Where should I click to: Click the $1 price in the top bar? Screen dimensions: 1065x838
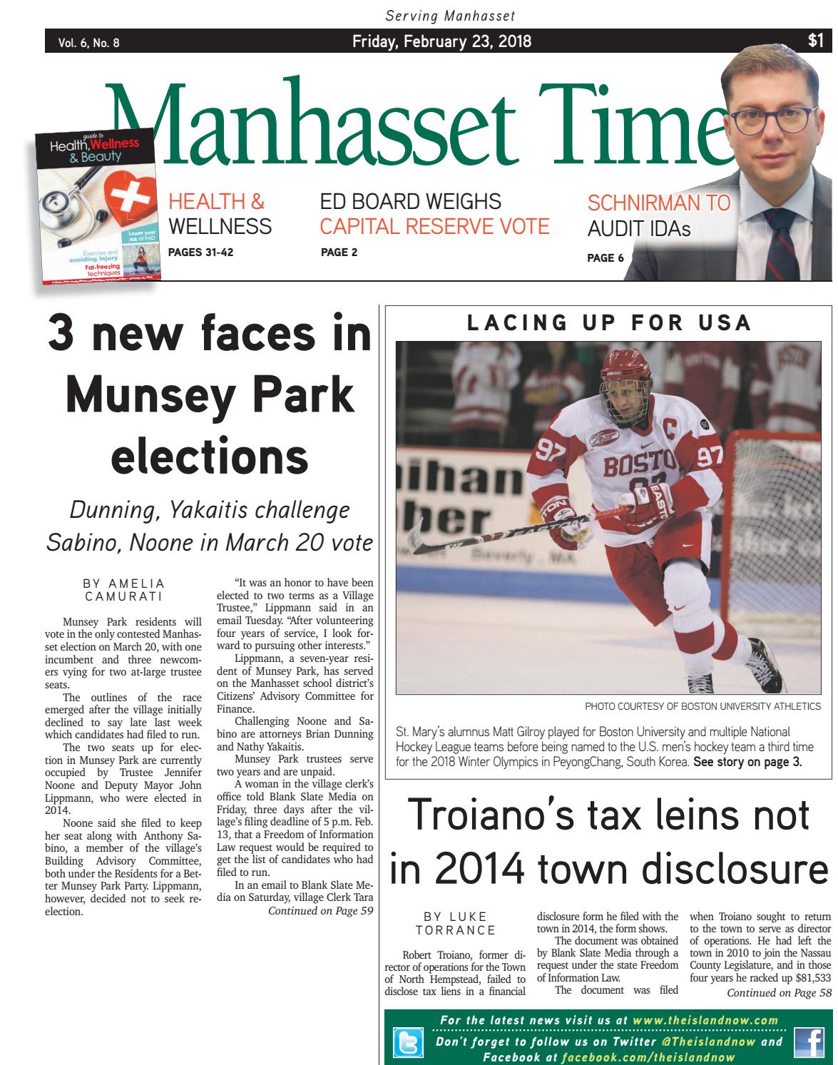click(x=815, y=41)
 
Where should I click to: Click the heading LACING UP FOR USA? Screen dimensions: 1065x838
click(x=608, y=322)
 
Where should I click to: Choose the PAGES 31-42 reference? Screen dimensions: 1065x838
click(x=200, y=252)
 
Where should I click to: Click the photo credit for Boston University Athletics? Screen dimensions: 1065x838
click(x=702, y=706)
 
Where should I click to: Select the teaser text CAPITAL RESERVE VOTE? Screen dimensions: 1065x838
click(x=434, y=227)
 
